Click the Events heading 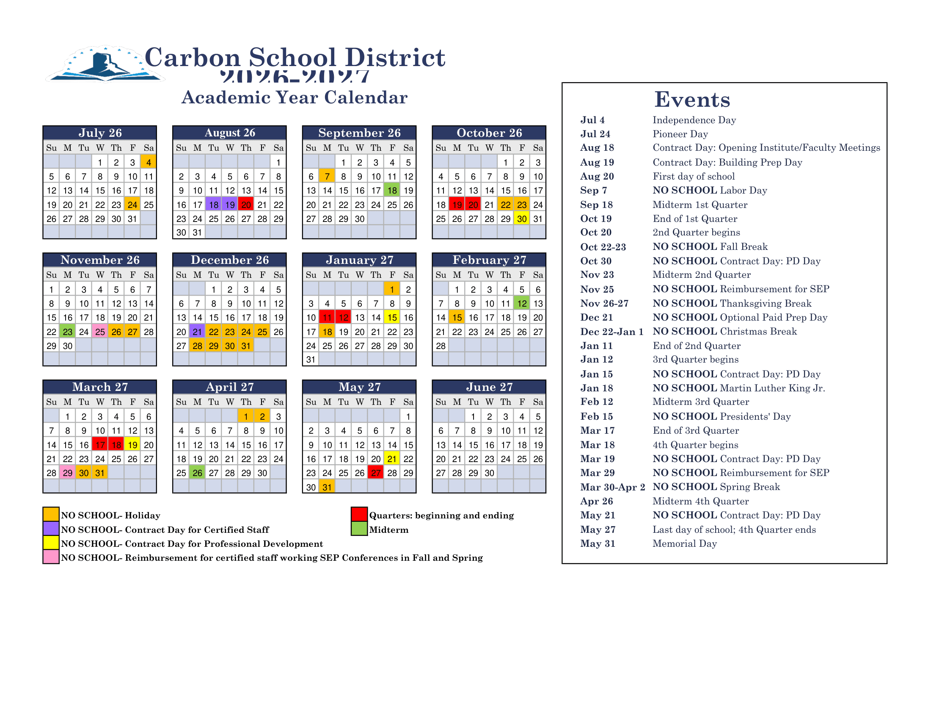click(692, 100)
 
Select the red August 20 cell click(246, 205)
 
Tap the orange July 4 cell click(149, 162)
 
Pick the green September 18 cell click(392, 191)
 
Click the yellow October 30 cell click(521, 219)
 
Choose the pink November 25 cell click(100, 332)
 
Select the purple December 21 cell click(197, 332)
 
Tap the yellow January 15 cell click(392, 317)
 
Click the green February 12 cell click(521, 303)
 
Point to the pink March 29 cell click(67, 473)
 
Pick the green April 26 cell click(197, 473)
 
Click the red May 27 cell click(375, 473)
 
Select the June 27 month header click(489, 387)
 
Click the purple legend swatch click(51, 529)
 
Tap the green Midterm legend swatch click(359, 529)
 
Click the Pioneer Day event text click(680, 134)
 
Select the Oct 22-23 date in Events click(603, 247)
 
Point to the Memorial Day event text click(684, 543)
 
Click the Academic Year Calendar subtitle click(294, 98)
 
